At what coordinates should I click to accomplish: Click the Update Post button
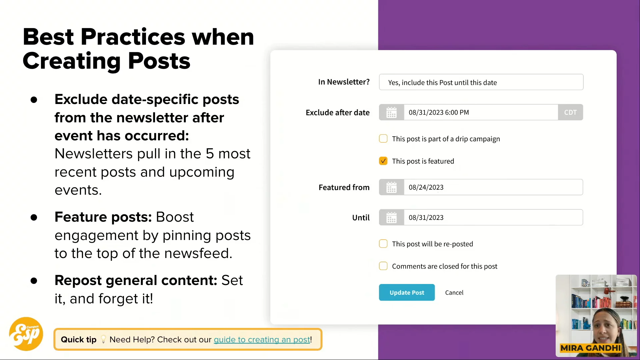tap(407, 292)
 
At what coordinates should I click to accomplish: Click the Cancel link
tap(454, 292)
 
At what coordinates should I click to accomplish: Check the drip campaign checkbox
tap(383, 139)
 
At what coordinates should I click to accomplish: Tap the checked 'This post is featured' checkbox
tap(383, 161)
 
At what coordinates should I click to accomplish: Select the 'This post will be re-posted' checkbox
tap(383, 244)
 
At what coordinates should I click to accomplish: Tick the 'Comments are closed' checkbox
tap(383, 266)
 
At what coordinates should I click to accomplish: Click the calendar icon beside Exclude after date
tap(391, 112)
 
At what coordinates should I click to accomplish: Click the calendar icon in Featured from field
tap(391, 187)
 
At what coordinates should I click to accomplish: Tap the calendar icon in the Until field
tap(391, 217)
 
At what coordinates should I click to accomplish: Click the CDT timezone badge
tap(570, 112)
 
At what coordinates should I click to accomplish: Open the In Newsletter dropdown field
tap(481, 82)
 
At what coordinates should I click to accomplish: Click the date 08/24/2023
tap(426, 187)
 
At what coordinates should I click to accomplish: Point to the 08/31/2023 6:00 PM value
tap(439, 112)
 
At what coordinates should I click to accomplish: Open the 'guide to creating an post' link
tap(262, 339)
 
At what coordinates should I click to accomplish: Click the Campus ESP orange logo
tap(26, 334)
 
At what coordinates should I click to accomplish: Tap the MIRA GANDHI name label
tap(591, 348)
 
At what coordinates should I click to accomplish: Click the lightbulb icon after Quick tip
tap(103, 339)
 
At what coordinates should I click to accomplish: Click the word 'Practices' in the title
tap(133, 37)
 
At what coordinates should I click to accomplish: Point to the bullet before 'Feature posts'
tap(34, 217)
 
